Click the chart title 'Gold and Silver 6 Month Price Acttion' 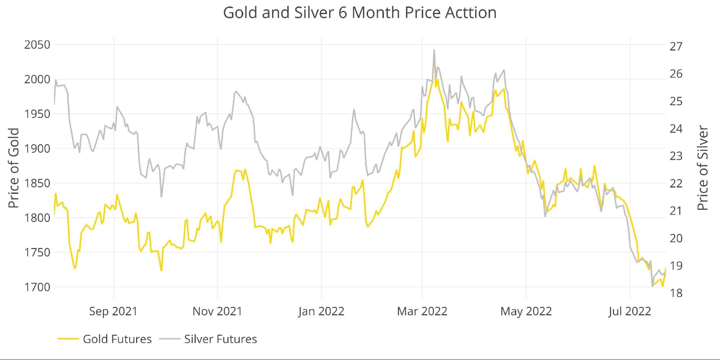(x=360, y=13)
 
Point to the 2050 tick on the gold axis (x=37, y=45)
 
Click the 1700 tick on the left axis (x=37, y=287)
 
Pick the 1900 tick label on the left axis (x=37, y=149)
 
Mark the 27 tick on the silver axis (x=676, y=46)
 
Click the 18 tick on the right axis (x=676, y=293)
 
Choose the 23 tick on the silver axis (x=676, y=156)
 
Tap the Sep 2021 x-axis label (x=113, y=311)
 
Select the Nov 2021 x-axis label (x=217, y=311)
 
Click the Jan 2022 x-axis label (x=321, y=311)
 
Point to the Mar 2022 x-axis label (x=422, y=311)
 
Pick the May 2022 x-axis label (x=526, y=311)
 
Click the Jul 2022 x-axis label (x=630, y=311)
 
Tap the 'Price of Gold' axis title (x=14, y=168)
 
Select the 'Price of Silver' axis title (x=702, y=168)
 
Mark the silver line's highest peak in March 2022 (x=434, y=50)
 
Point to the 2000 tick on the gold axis (x=37, y=80)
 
